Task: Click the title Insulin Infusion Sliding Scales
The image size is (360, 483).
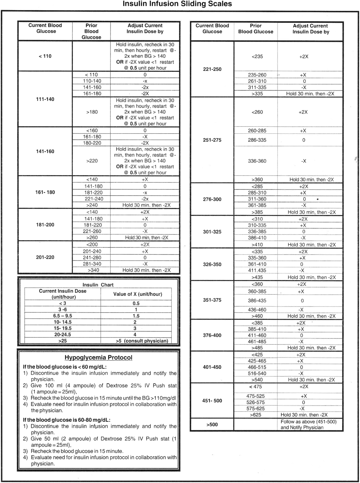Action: click(177, 4)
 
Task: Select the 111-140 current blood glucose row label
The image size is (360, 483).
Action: click(45, 99)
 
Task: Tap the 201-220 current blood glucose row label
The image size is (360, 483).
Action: click(45, 257)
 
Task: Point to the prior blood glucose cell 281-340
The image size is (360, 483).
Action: click(92, 264)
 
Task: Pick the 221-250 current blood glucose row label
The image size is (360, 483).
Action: click(212, 69)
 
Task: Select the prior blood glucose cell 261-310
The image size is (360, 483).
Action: click(257, 81)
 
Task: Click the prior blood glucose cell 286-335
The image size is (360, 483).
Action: click(257, 140)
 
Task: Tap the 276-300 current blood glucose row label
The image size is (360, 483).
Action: click(212, 199)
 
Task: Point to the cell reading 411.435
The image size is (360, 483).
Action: click(257, 270)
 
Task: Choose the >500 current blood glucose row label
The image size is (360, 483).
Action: click(212, 424)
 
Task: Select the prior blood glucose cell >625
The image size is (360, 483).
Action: click(256, 415)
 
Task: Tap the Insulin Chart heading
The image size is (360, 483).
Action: click(98, 285)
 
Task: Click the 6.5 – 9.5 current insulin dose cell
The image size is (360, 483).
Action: click(63, 316)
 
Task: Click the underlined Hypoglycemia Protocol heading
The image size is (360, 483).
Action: click(98, 358)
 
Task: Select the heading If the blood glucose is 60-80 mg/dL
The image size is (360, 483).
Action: click(67, 420)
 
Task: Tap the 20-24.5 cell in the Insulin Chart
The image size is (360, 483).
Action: click(63, 334)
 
